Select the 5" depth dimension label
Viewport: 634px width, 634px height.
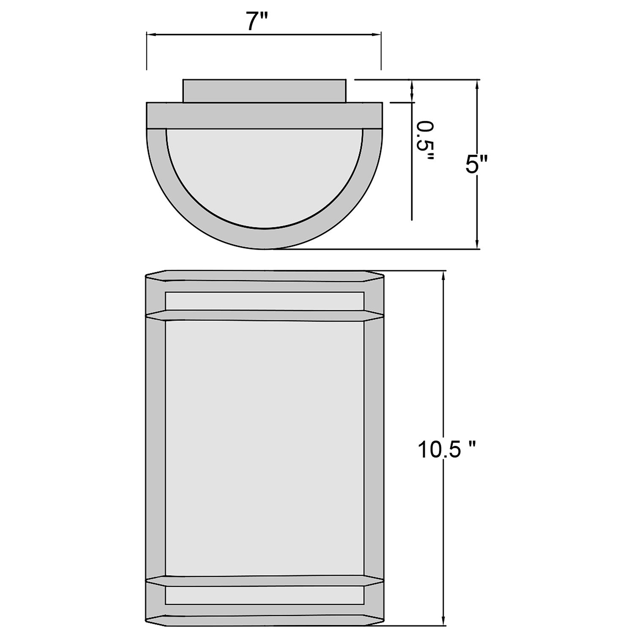(x=477, y=164)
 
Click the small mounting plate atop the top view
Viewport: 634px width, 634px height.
(x=265, y=90)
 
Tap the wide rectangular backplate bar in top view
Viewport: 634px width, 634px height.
(x=265, y=115)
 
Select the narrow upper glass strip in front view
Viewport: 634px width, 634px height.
(x=265, y=301)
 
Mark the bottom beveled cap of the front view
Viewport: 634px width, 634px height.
(x=265, y=620)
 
